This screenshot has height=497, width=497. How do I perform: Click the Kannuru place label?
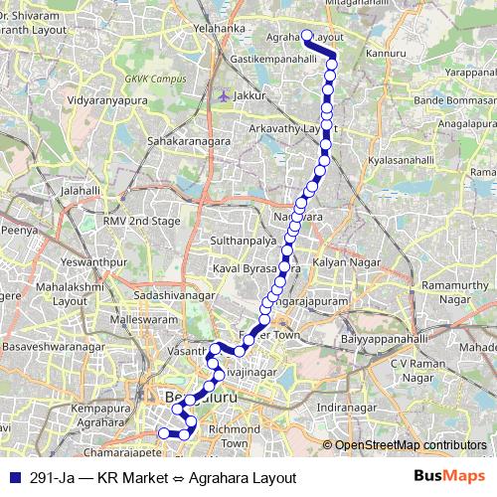tap(386, 54)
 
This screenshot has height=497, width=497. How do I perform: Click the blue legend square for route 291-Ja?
tap(13, 475)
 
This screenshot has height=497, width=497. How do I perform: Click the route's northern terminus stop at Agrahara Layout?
tap(307, 37)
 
